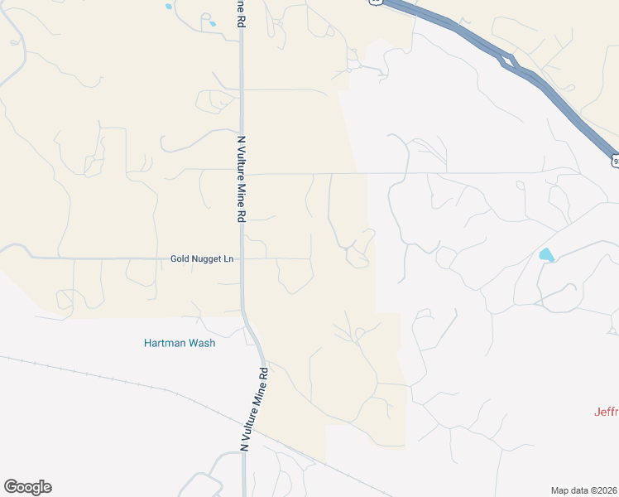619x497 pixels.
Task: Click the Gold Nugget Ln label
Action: point(202,258)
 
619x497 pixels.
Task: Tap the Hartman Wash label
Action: point(179,343)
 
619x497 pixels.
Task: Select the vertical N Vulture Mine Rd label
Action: point(242,179)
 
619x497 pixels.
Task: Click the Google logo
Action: point(27,487)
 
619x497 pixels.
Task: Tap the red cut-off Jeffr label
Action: point(606,412)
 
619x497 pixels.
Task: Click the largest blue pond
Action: point(546,255)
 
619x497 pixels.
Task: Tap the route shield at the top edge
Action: point(377,2)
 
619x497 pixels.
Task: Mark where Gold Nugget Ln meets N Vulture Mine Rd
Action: point(242,258)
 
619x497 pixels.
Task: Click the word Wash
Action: point(201,343)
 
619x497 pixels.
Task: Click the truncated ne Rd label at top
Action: point(242,15)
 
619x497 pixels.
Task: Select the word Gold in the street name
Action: point(180,258)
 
